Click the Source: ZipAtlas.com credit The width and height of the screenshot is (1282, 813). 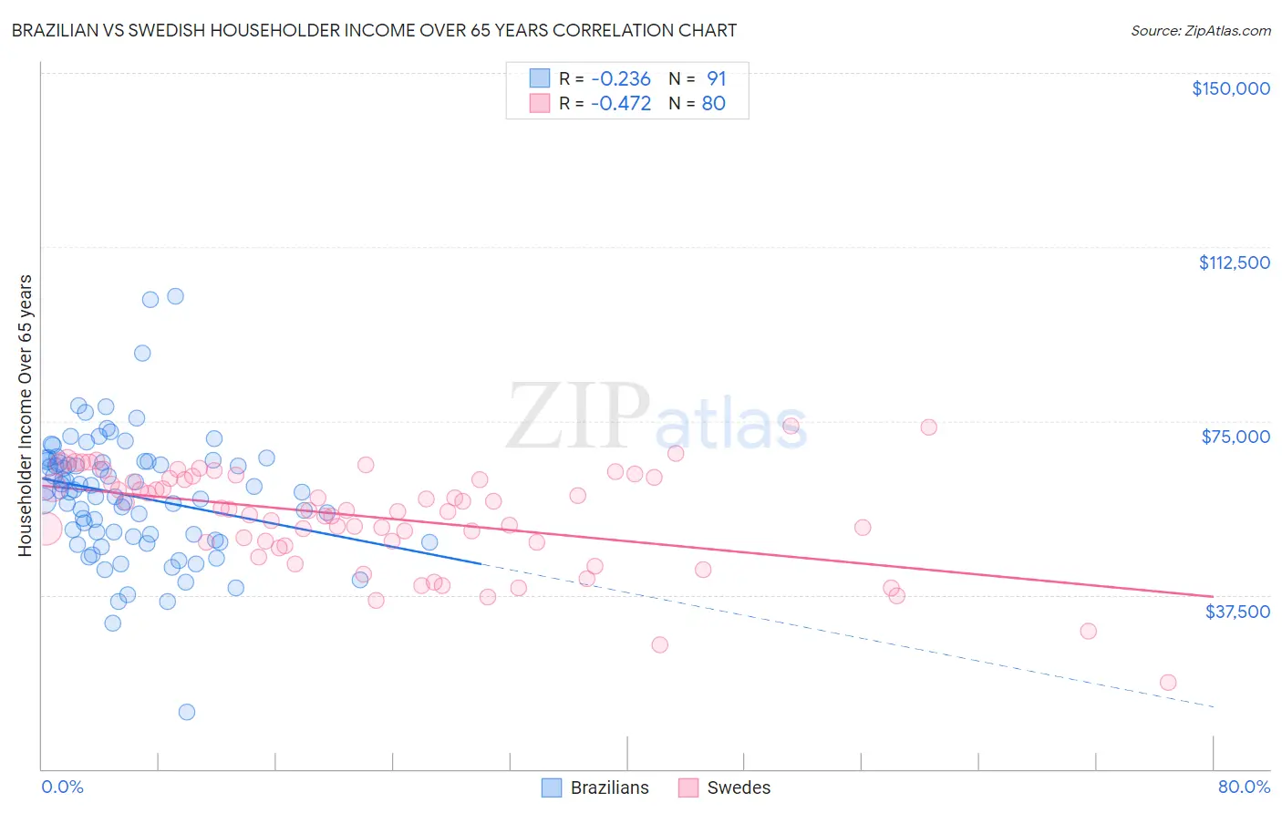point(1200,30)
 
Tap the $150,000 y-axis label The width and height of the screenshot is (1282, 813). point(1230,88)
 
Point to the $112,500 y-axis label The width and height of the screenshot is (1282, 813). point(1234,262)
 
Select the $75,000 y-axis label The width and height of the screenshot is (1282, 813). point(1235,437)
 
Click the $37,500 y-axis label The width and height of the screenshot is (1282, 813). point(1237,611)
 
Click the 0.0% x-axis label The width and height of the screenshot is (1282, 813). point(62,787)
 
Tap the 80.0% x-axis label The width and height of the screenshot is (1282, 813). point(1244,787)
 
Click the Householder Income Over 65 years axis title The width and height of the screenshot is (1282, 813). point(26,415)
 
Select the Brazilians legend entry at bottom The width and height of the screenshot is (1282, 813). point(595,787)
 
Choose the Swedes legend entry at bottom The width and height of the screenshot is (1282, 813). point(725,787)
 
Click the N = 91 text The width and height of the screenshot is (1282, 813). point(698,78)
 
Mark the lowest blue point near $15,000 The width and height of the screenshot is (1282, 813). point(187,712)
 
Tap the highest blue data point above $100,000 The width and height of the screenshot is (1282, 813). point(175,296)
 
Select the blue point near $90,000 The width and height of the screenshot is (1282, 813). point(142,353)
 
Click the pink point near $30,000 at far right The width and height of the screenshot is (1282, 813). point(1088,631)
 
